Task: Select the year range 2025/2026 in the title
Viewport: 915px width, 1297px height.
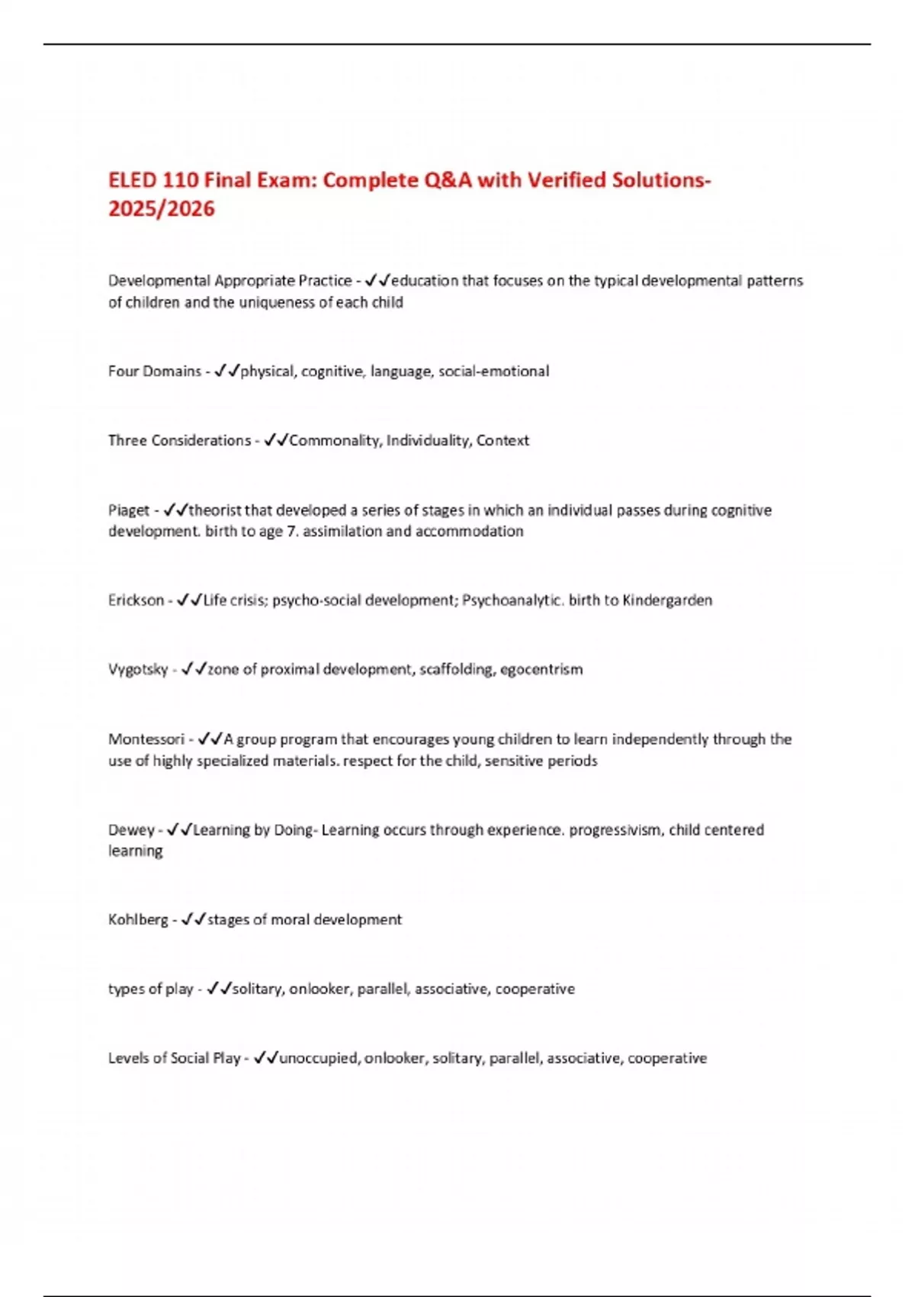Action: tap(162, 209)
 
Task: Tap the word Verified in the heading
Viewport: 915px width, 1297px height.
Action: tap(567, 180)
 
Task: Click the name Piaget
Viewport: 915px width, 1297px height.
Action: tap(128, 510)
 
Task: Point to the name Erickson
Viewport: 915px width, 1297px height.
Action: tap(136, 600)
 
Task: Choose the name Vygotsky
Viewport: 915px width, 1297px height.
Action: tap(137, 670)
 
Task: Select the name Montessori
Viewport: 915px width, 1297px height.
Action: tap(146, 739)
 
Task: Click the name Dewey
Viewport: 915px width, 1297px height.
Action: tap(130, 830)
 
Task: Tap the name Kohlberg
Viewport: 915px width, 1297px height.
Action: tap(138, 920)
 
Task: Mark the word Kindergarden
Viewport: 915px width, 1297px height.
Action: tap(667, 600)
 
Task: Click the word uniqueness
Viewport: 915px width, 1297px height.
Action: tap(278, 303)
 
